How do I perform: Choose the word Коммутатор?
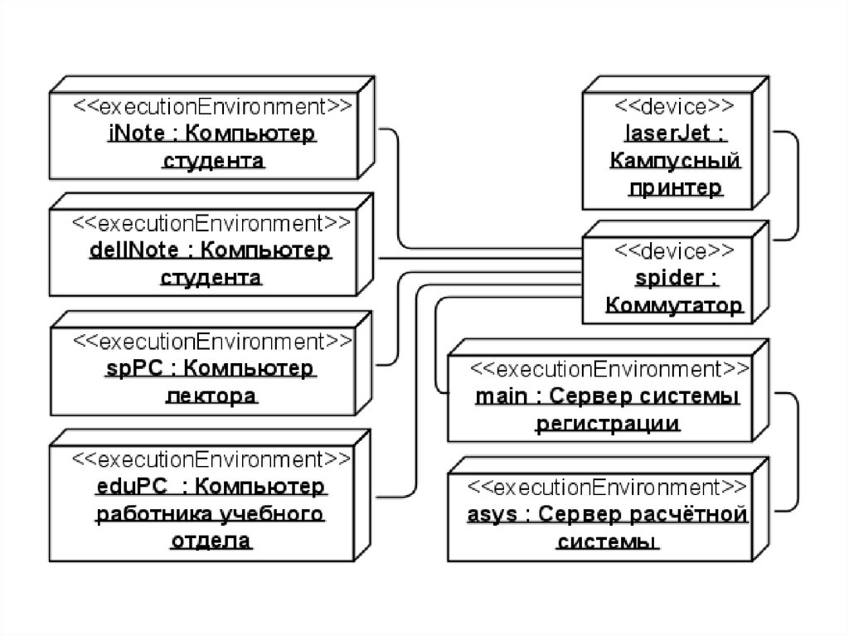point(673,306)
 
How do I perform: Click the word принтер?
point(675,188)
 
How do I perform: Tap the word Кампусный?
point(674,161)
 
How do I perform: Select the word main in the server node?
point(500,396)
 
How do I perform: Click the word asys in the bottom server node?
point(492,514)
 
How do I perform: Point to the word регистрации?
point(608,424)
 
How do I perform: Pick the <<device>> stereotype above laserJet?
point(673,106)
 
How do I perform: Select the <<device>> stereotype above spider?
point(673,250)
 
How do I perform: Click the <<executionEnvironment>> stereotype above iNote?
point(213,106)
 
